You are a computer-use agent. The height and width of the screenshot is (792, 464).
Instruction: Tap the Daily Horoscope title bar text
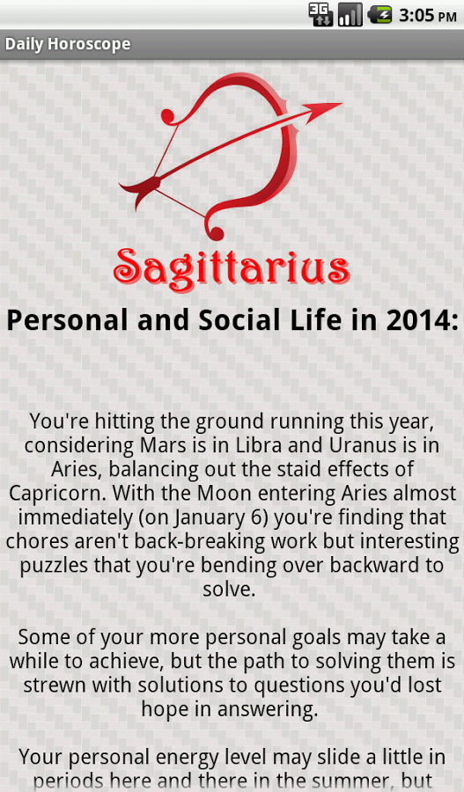point(68,45)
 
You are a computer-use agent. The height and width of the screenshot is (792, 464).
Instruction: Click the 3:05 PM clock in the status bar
point(428,15)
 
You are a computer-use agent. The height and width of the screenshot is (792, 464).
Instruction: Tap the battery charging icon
point(380,15)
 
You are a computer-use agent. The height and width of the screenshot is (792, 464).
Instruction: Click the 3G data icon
point(321,15)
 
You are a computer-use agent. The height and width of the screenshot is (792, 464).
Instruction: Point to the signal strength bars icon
point(350,15)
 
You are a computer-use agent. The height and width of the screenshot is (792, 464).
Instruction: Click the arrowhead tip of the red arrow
point(341,104)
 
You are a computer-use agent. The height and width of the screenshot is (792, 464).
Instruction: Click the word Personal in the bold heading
point(67,320)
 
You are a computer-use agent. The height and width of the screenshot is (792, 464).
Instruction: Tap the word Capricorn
point(57,494)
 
